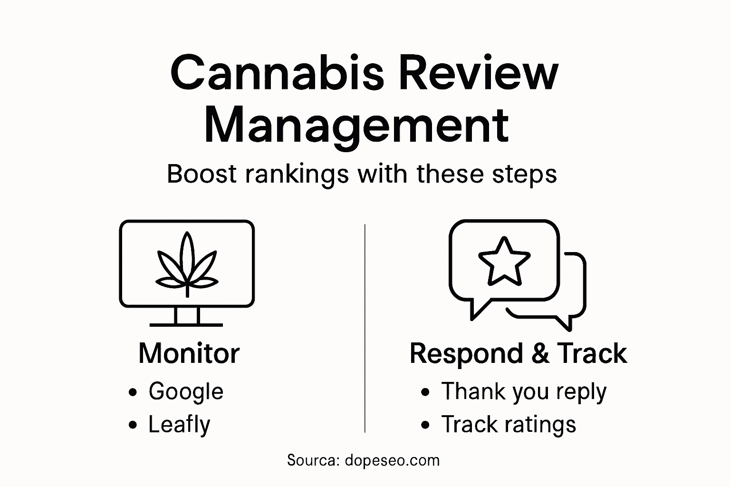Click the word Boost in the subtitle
[x=202, y=174]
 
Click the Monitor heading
[x=189, y=353]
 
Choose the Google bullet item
[x=186, y=391]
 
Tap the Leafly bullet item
[x=179, y=425]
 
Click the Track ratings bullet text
[x=509, y=425]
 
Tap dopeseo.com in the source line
[x=392, y=460]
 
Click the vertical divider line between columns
[x=365, y=328]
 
